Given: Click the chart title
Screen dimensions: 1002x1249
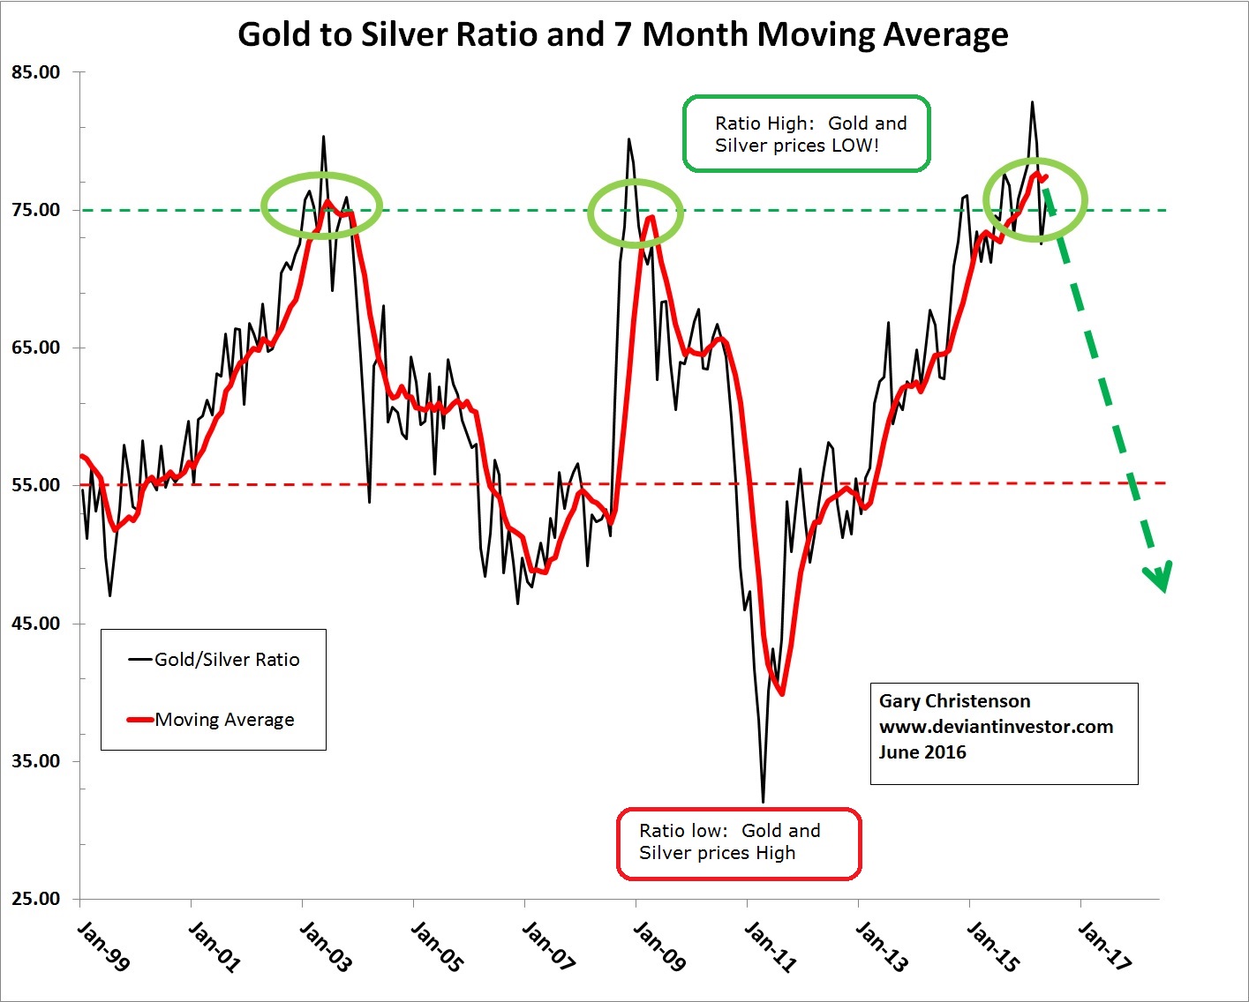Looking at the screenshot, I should (x=622, y=35).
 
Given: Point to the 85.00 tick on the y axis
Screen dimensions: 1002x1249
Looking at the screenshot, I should (x=36, y=72).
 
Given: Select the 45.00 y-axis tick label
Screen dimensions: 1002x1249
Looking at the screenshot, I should (x=36, y=624).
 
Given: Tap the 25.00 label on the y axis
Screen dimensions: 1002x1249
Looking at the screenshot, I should (x=36, y=900).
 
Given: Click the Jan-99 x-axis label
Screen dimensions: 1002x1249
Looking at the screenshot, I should (x=102, y=946).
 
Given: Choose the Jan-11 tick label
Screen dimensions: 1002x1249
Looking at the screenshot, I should (x=770, y=946).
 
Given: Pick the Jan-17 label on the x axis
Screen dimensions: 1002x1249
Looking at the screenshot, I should (x=1103, y=946).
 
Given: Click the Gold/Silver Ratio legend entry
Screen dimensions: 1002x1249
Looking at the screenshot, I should (x=226, y=660).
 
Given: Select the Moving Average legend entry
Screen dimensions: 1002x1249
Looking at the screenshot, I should (x=224, y=720).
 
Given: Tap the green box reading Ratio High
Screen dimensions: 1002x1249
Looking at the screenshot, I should (x=806, y=134).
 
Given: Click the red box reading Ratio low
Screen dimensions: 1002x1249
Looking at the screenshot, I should (x=738, y=842).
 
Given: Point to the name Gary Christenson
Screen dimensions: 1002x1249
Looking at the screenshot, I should (x=954, y=701).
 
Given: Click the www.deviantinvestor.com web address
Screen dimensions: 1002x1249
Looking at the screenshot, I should (x=996, y=727).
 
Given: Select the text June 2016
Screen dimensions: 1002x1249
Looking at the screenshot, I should (x=922, y=752).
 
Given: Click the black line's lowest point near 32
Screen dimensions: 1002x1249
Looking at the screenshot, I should (x=763, y=802).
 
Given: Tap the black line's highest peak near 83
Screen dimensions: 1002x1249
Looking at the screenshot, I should (x=1032, y=102).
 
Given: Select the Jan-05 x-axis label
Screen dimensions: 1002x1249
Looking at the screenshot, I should (x=436, y=946).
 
